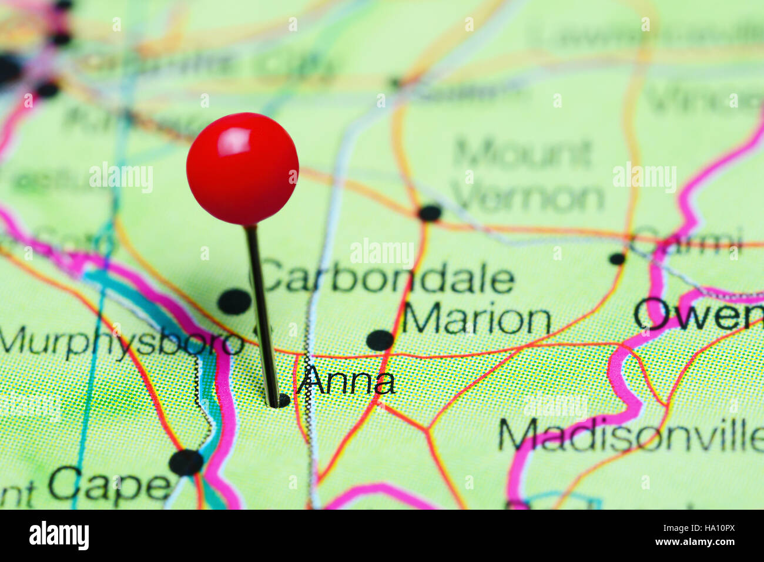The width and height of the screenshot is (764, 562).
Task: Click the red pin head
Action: point(242,169)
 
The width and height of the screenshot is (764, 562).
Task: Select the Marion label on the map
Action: point(476,321)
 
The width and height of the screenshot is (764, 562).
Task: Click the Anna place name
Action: point(346,382)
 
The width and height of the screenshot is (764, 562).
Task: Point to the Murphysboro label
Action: point(121,342)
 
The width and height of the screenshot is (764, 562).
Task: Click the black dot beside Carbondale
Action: point(234,302)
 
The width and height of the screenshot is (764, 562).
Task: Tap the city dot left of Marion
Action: point(380,340)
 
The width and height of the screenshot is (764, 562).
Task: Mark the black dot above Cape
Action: point(186,462)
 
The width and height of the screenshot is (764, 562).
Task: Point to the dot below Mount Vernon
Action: point(430,213)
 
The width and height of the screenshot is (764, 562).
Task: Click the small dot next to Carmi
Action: point(616,258)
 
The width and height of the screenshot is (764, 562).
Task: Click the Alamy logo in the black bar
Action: point(59,536)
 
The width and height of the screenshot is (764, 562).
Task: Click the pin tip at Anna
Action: point(274,403)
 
